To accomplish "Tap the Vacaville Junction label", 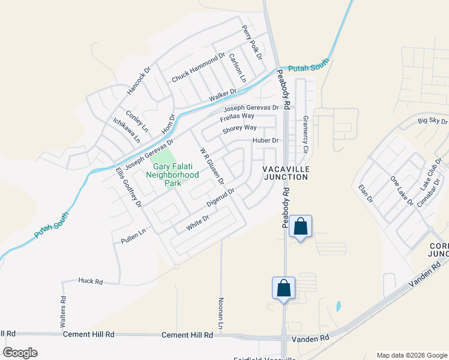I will tap(285, 173).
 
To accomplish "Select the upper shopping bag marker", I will tap(301, 227).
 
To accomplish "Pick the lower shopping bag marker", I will tap(283, 289).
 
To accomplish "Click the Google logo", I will tap(20, 353).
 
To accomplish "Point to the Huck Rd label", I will tap(91, 281).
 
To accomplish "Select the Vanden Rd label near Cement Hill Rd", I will tap(310, 339).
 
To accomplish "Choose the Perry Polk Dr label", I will tap(252, 42).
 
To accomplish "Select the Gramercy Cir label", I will tap(305, 133).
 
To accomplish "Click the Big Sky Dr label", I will tap(433, 122).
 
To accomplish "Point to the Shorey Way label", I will tap(240, 128).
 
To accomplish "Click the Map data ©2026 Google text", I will tap(411, 355).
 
